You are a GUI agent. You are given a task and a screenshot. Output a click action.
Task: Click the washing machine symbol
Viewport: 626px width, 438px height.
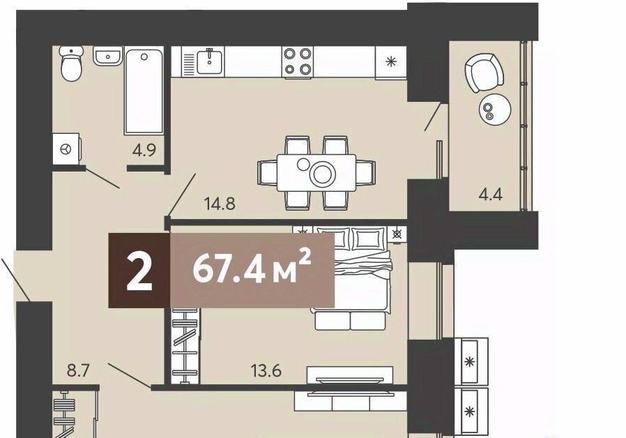point(66,149)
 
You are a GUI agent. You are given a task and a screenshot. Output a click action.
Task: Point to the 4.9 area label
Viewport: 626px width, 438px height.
point(144,151)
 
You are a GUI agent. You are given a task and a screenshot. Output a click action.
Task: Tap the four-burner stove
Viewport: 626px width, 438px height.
point(298,61)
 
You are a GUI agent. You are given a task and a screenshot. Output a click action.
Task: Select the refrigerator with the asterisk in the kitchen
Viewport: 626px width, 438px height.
point(391,61)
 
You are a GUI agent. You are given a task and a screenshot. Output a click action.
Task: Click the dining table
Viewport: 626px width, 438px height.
point(316,173)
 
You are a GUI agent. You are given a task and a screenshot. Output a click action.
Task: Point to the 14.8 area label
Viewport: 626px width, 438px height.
point(220,204)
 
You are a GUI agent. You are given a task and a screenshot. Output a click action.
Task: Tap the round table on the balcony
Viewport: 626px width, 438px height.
point(495,109)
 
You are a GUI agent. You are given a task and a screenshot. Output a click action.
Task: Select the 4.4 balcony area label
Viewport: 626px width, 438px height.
point(490,195)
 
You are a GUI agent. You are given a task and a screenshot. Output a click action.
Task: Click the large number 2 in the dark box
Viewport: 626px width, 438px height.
point(139,271)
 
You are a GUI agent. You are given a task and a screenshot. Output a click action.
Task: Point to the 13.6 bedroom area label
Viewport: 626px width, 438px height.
point(266,370)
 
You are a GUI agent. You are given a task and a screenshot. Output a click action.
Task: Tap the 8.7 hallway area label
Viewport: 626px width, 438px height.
point(78,371)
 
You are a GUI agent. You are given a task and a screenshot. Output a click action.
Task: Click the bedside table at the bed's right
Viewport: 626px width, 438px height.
point(397,234)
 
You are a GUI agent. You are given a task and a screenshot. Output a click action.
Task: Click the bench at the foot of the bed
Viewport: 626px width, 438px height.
point(350,321)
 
